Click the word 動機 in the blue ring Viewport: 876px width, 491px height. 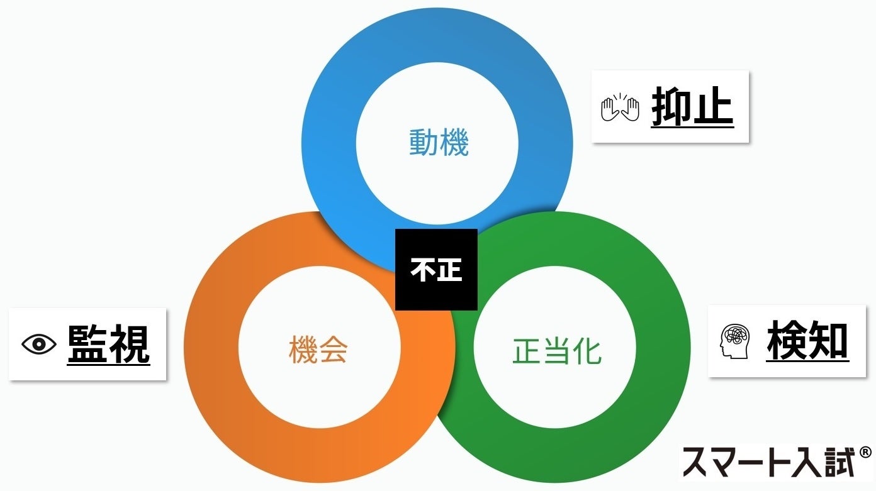pos(439,143)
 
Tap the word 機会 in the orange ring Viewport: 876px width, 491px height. pos(318,350)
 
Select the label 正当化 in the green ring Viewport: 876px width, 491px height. pos(557,351)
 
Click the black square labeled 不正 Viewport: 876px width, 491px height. pos(436,269)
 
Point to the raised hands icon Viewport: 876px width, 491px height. pos(620,108)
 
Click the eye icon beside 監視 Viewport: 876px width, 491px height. pos(39,344)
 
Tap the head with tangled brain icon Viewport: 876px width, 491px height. pos(734,341)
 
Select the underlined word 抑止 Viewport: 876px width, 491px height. pos(692,108)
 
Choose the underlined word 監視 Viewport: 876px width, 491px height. pos(109,344)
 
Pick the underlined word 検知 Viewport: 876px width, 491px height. pos(807,341)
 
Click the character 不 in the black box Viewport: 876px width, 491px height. pos(423,270)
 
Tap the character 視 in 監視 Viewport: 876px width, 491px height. pos(130,344)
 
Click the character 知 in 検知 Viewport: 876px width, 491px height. pos(828,341)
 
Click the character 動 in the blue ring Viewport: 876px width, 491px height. pos(424,143)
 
